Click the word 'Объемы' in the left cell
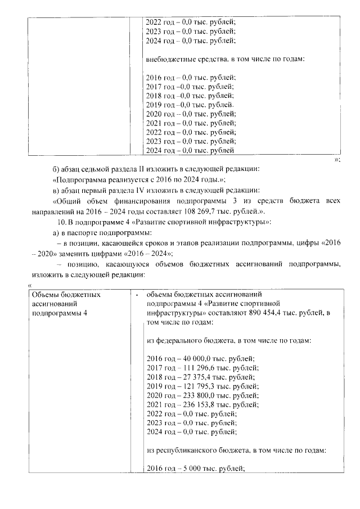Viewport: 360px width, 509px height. [x=46, y=294]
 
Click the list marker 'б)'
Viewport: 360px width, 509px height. [x=55, y=169]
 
